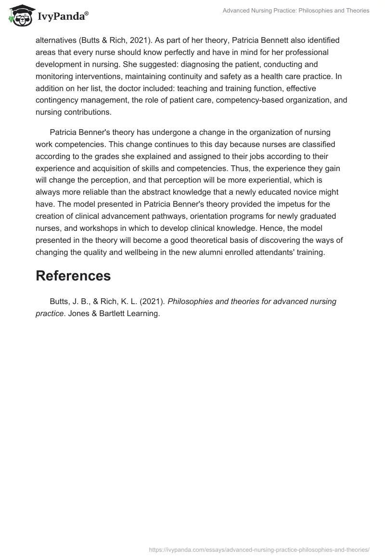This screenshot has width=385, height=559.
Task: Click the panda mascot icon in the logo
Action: pos(20,16)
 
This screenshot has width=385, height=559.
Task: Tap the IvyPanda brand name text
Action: pos(63,17)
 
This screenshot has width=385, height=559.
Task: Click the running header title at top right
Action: pos(296,10)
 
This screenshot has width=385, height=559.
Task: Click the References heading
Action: pos(73,276)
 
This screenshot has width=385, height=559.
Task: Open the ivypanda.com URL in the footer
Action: pos(259,549)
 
